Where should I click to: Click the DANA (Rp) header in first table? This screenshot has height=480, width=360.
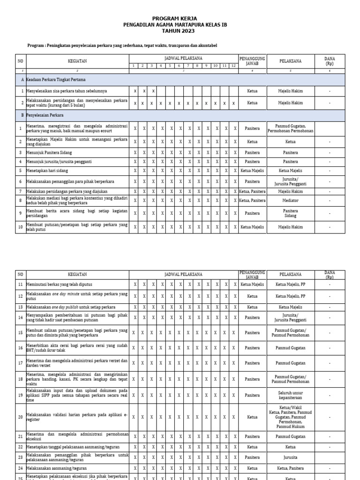coord(330,61)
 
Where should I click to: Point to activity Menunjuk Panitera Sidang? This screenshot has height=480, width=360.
coord(49,152)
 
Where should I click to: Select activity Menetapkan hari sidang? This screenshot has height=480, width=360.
coord(48,171)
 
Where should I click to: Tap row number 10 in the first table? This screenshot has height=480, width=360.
coord(20,227)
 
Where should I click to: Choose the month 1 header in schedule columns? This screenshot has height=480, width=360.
coord(134,66)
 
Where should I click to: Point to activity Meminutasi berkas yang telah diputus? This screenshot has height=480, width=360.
coord(60,285)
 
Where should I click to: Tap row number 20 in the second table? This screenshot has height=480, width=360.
coord(20,417)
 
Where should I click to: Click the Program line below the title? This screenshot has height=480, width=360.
coord(123,45)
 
